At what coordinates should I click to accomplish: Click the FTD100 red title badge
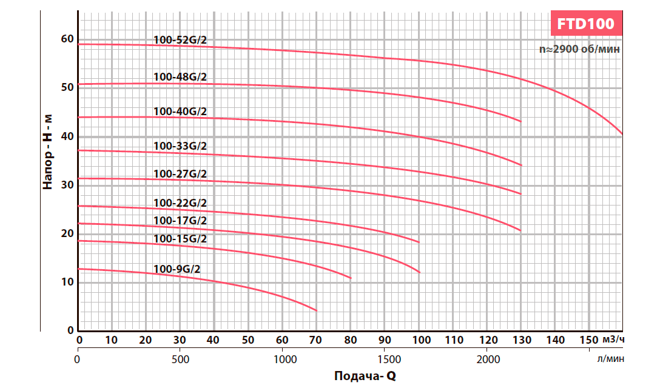click(586, 24)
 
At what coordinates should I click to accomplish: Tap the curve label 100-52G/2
click(181, 41)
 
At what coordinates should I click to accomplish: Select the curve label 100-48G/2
click(181, 77)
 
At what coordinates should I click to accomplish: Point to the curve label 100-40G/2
click(181, 112)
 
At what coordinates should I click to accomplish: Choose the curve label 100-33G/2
click(181, 146)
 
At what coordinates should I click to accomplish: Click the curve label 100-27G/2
click(181, 174)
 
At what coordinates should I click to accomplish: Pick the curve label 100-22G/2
click(181, 202)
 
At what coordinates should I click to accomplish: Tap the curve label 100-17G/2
click(181, 221)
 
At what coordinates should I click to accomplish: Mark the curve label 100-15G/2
click(181, 239)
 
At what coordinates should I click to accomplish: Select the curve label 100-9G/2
click(177, 269)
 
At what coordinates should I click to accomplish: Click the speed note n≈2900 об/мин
click(580, 50)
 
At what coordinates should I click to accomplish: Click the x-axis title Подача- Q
click(365, 376)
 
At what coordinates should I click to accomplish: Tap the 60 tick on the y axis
click(67, 39)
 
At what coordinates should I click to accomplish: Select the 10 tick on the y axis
click(67, 283)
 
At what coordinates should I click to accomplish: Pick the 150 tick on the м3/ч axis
click(588, 339)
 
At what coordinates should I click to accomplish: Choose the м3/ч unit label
click(615, 338)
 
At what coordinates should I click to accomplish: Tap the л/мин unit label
click(610, 359)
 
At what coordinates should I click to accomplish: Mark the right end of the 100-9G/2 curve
click(317, 310)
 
